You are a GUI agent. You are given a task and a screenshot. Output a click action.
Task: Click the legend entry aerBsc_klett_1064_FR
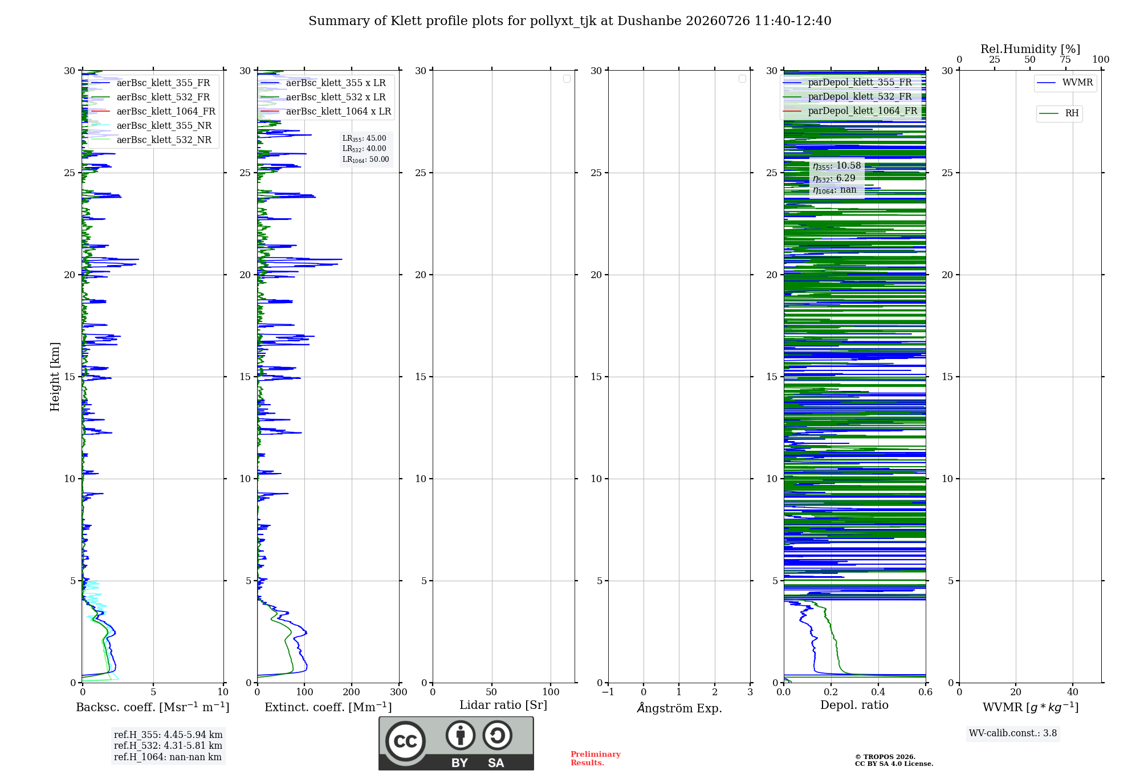pos(153,111)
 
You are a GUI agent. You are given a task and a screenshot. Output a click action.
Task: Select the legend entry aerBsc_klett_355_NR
pos(152,125)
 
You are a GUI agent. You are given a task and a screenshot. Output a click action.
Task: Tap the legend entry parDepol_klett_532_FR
pos(850,96)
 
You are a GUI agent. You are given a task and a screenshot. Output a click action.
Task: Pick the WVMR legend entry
pos(1065,83)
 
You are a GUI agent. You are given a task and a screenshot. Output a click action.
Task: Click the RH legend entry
pos(1059,113)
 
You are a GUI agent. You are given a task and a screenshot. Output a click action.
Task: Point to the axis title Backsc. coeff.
pos(153,707)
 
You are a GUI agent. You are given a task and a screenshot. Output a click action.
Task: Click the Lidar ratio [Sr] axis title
pos(503,705)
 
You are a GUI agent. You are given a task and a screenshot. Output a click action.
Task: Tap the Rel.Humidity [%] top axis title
pos(1030,49)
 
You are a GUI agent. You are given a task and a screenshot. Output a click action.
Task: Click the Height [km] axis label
pos(55,377)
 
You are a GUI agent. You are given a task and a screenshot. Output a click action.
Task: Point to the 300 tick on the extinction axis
pos(398,692)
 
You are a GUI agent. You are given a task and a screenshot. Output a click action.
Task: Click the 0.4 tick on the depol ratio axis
pos(878,692)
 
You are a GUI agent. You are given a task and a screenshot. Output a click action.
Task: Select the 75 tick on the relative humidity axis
pos(1065,60)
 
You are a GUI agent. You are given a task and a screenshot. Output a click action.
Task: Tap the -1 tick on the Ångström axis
pos(608,692)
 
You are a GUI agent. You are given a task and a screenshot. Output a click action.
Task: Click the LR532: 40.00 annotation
pos(364,149)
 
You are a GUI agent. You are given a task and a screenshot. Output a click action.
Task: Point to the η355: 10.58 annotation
pos(837,166)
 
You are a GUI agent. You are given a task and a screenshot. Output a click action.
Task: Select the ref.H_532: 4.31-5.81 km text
pos(168,746)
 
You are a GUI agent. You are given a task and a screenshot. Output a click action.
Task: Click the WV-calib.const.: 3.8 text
pos(1013,733)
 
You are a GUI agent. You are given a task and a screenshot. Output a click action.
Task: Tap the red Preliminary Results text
pos(596,758)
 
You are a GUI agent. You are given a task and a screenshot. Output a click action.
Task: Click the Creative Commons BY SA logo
pos(456,744)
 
